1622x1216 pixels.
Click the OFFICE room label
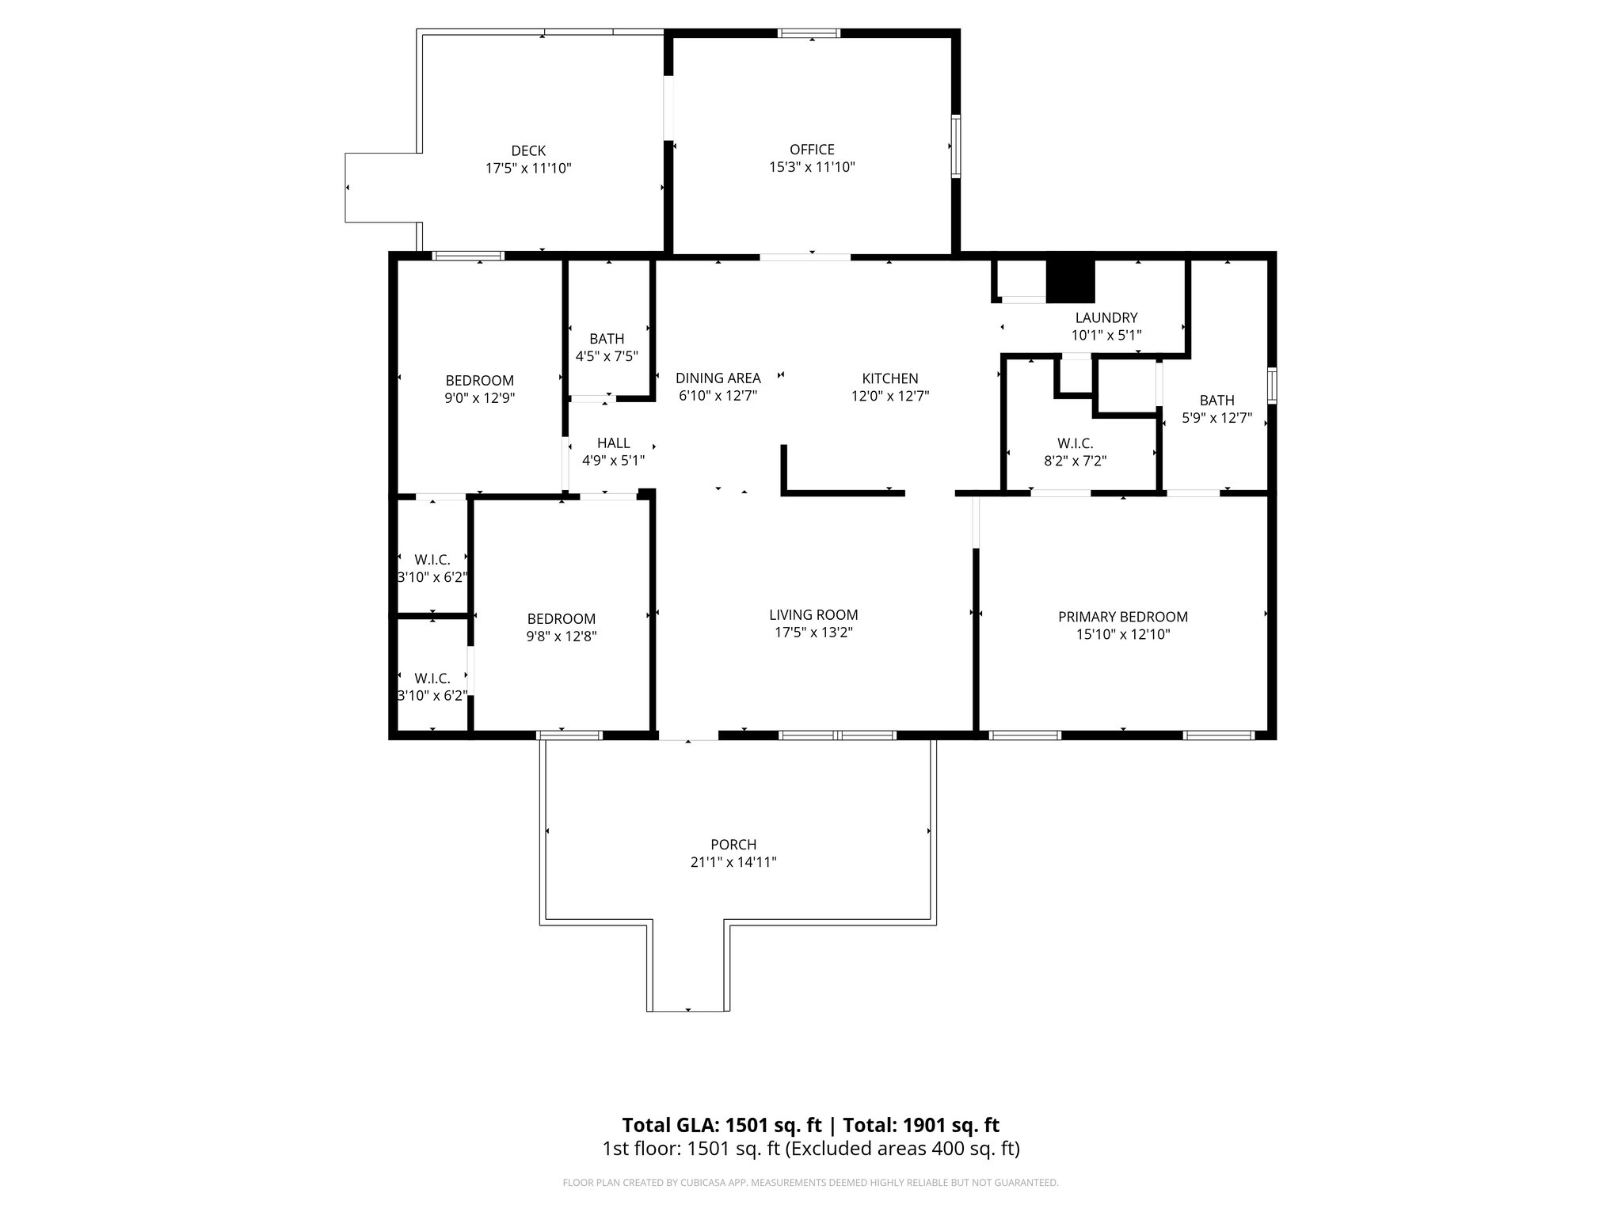pos(812,150)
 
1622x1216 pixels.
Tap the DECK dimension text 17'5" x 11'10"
pos(528,169)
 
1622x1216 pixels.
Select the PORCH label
pos(733,845)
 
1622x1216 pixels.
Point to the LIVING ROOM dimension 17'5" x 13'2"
pos(813,633)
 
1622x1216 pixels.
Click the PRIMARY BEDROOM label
pos(1122,617)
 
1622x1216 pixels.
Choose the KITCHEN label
pos(889,378)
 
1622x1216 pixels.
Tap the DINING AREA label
pos(718,378)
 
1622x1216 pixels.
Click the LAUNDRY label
pos(1106,318)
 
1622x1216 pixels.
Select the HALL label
pos(613,443)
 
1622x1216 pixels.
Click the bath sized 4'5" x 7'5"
pos(607,348)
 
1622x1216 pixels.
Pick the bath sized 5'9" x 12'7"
pos(1216,409)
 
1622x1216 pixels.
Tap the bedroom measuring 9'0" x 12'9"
pos(479,389)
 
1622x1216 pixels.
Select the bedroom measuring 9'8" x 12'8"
pos(561,627)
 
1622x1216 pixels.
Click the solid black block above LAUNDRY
pos(1069,281)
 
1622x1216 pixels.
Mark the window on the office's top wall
pos(808,33)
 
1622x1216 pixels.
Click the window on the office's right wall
pos(956,146)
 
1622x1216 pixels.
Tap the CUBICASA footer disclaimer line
pos(810,1183)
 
